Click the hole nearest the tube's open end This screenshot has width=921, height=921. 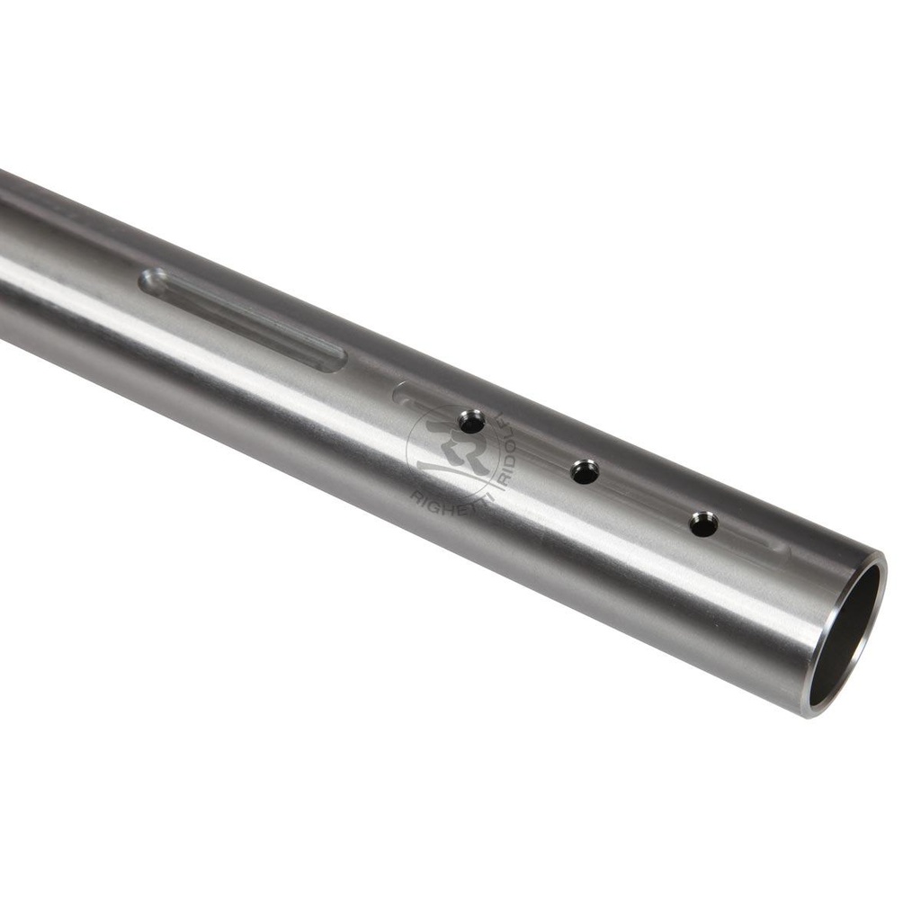pos(703,523)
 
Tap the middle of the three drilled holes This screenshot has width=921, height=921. pos(585,471)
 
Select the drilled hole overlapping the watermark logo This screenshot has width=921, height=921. pos(471,421)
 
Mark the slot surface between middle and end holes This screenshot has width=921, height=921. pos(644,497)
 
